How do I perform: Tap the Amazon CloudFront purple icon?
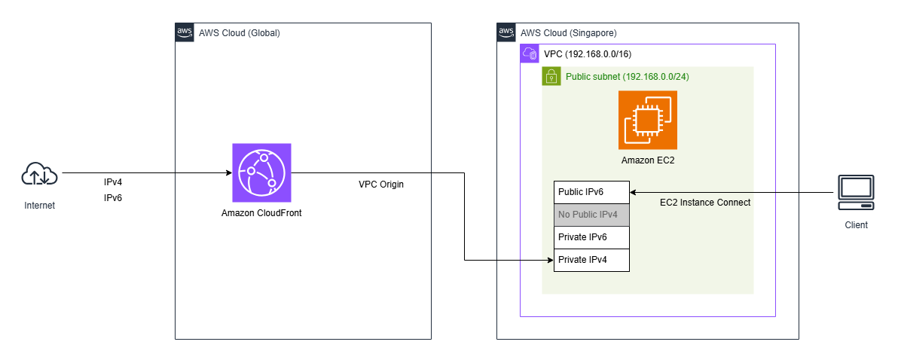pyautogui.click(x=261, y=172)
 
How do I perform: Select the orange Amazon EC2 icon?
pyautogui.click(x=647, y=120)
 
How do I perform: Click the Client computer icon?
pyautogui.click(x=856, y=192)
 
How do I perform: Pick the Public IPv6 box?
pyautogui.click(x=591, y=192)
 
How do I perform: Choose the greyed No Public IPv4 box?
pyautogui.click(x=591, y=215)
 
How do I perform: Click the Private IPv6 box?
pyautogui.click(x=591, y=237)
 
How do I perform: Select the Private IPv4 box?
pyautogui.click(x=591, y=260)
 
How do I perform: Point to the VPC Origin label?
pyautogui.click(x=380, y=185)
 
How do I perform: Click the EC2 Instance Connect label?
pyautogui.click(x=704, y=203)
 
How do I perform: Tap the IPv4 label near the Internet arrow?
pyautogui.click(x=113, y=183)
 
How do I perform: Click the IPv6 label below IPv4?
pyautogui.click(x=113, y=197)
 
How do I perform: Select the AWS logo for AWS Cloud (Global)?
pyautogui.click(x=185, y=32)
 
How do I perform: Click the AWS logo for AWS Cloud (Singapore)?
pyautogui.click(x=506, y=32)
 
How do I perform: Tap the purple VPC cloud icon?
pyautogui.click(x=530, y=53)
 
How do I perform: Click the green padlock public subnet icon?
pyautogui.click(x=551, y=76)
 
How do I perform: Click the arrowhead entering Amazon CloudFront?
pyautogui.click(x=228, y=173)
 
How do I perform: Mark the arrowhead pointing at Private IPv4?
pyautogui.click(x=549, y=260)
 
